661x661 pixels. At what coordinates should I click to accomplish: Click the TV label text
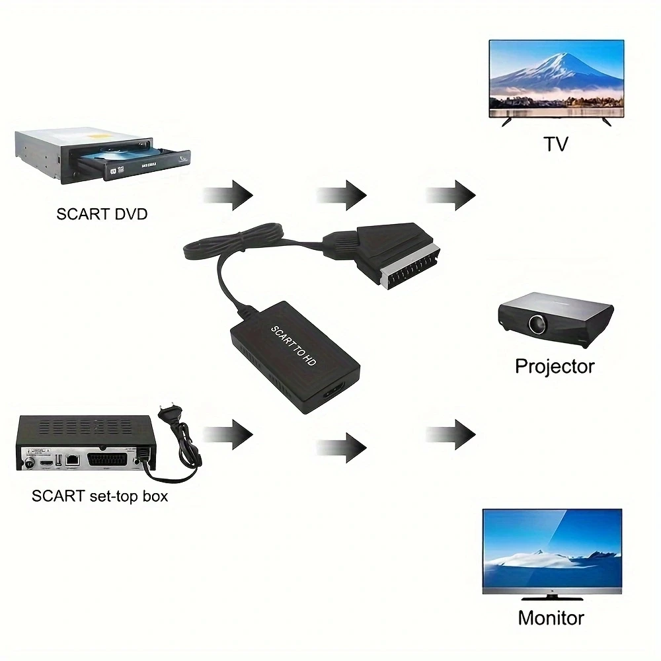555,143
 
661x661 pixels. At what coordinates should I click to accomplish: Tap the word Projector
555,366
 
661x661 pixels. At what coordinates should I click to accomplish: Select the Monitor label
551,618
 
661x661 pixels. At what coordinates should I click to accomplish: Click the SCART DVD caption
102,214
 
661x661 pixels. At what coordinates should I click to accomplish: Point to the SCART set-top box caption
99,496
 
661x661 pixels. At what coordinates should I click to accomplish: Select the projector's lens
536,324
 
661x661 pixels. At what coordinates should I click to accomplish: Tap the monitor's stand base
551,598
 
